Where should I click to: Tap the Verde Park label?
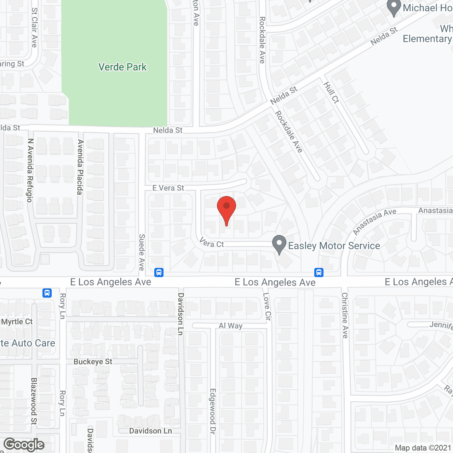[x=122, y=67]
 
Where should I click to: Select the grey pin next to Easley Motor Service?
[x=279, y=244]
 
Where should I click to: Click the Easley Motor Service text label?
[x=334, y=246]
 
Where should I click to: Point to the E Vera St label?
[x=168, y=188]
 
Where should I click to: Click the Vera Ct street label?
[x=212, y=243]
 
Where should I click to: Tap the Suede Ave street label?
[x=142, y=252]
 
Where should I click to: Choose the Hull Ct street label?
[x=332, y=92]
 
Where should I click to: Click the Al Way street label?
[x=230, y=326]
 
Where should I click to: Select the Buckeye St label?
[x=93, y=362]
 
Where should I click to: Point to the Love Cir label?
[x=267, y=306]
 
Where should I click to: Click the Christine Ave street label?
[x=345, y=315]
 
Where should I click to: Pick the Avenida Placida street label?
[x=81, y=167]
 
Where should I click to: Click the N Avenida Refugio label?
[x=30, y=170]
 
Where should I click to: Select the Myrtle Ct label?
[x=17, y=322]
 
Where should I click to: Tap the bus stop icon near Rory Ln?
[x=47, y=293]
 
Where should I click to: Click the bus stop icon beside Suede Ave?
[x=159, y=273]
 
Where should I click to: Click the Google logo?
[x=24, y=445]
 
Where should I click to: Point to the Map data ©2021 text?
[x=423, y=448]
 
